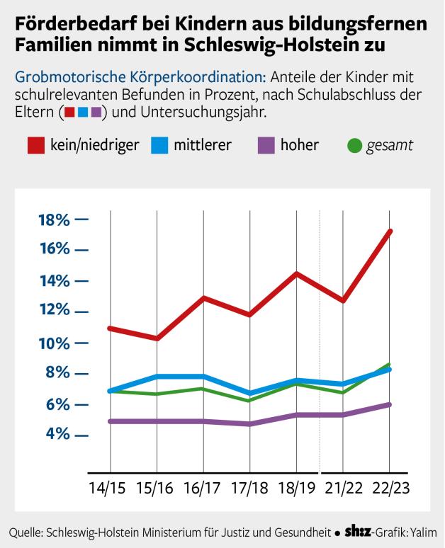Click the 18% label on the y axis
click(54, 219)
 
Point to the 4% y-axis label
click(57, 433)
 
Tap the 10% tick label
click(54, 343)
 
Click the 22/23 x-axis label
click(390, 489)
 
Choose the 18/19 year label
click(296, 489)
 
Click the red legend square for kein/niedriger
click(36, 146)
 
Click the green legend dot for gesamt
click(356, 146)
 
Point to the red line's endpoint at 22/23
click(390, 232)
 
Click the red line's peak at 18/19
click(296, 273)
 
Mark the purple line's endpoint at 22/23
click(390, 404)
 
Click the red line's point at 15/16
click(157, 338)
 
